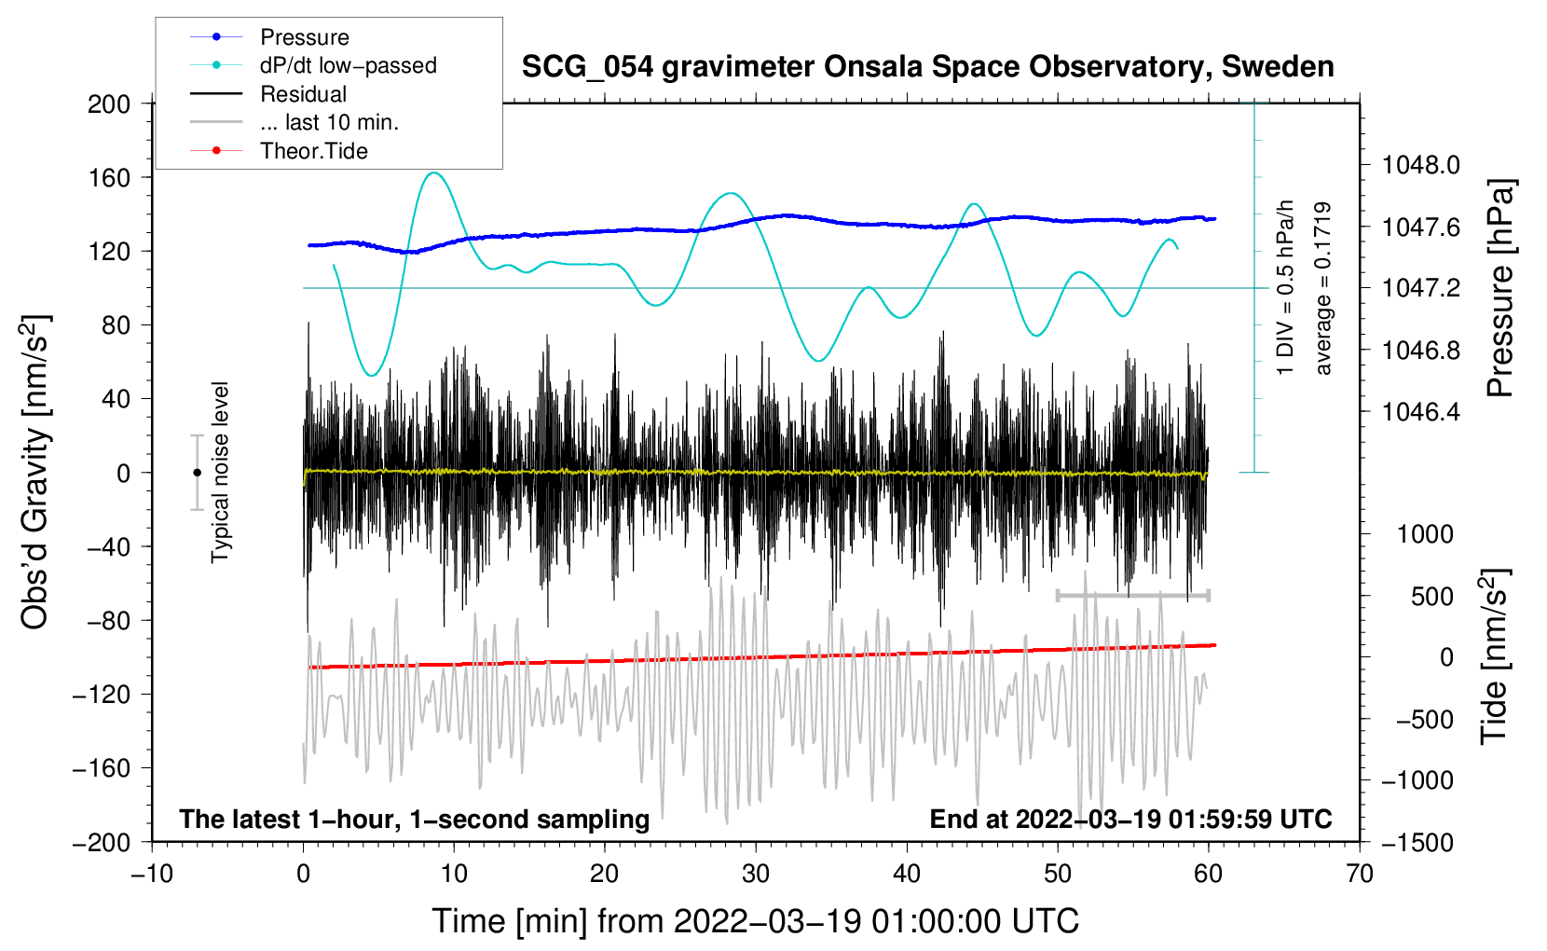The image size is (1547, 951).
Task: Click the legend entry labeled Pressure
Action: point(270,36)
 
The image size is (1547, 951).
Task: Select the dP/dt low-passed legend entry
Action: point(313,65)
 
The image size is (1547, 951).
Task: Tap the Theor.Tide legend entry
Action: point(279,151)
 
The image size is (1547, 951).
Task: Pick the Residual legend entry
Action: point(268,94)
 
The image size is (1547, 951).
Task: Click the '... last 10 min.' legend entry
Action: point(294,122)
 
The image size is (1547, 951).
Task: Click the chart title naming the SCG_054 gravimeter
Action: point(927,67)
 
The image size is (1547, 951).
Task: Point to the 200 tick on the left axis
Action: point(109,104)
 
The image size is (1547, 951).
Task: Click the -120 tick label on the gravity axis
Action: point(102,695)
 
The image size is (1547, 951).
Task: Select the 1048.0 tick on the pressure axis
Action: point(1421,165)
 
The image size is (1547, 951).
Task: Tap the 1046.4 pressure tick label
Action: point(1421,412)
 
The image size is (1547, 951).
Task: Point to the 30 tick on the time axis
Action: point(756,875)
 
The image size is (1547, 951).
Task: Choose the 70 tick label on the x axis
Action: point(1359,875)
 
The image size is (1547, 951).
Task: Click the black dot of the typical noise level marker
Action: point(197,473)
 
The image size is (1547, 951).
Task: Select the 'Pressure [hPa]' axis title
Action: point(1500,288)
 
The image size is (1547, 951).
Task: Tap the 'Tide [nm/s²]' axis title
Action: point(1495,656)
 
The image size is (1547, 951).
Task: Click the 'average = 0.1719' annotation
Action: point(1322,288)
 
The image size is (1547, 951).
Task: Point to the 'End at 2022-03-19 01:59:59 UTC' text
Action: point(1130,819)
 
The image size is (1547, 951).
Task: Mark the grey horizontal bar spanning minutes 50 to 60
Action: point(1132,595)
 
